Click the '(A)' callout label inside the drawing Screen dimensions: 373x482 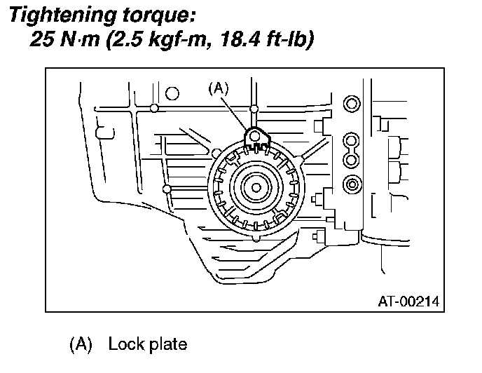pos(219,88)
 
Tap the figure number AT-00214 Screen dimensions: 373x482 pos(408,302)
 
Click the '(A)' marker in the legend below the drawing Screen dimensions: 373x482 pos(81,346)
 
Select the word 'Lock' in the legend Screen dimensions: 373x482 pos(123,346)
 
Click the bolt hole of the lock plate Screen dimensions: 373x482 pos(255,136)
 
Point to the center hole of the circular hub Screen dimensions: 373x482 pos(255,187)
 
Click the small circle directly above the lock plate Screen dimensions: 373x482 pos(254,109)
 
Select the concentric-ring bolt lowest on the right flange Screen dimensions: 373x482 pos(350,184)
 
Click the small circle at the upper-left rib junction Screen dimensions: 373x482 pos(153,108)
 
